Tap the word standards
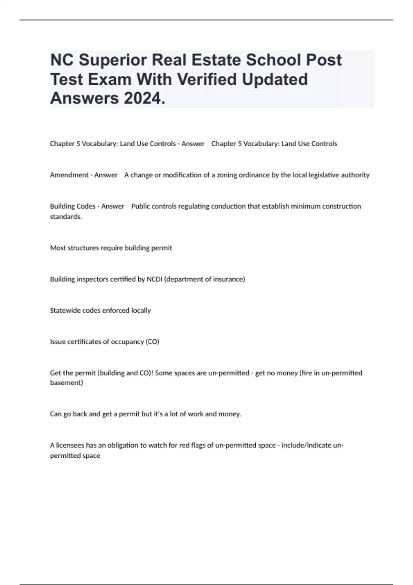pyautogui.click(x=66, y=216)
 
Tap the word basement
pyautogui.click(x=66, y=383)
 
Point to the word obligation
pyautogui.click(x=123, y=445)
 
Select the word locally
pyautogui.click(x=141, y=310)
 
